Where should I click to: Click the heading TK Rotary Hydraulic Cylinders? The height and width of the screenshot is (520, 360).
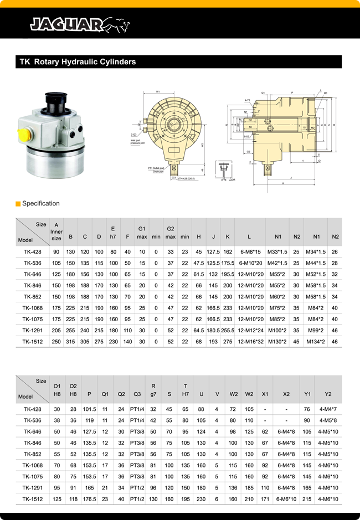(x=78, y=62)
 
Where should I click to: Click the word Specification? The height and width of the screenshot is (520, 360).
(x=40, y=204)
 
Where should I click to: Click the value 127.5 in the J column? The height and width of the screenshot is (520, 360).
(x=213, y=252)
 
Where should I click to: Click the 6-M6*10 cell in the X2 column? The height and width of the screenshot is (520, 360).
(x=286, y=499)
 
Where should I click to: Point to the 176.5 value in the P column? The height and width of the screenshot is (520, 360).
(x=89, y=499)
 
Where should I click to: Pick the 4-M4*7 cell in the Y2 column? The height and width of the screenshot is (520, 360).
(x=328, y=409)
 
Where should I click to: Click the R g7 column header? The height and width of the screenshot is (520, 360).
(x=153, y=389)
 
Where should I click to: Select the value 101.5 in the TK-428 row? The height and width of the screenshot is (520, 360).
(x=89, y=409)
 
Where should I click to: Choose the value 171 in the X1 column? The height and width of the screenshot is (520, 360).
(x=265, y=499)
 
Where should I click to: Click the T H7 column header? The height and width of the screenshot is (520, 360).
(x=186, y=389)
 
